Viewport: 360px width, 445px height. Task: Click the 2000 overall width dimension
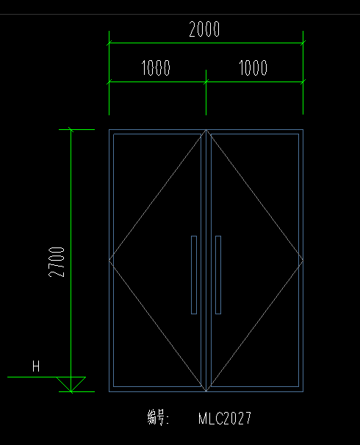pyautogui.click(x=204, y=29)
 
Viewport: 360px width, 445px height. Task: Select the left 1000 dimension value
pyautogui.click(x=156, y=68)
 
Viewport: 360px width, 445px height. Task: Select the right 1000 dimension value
pyautogui.click(x=253, y=68)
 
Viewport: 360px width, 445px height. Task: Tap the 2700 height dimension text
pyautogui.click(x=57, y=262)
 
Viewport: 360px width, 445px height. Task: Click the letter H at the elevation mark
pyautogui.click(x=36, y=366)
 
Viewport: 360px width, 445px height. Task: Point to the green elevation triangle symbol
pyautogui.click(x=71, y=384)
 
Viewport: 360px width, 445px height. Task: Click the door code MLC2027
pyautogui.click(x=225, y=419)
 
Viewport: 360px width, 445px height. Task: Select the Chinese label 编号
pyautogui.click(x=157, y=418)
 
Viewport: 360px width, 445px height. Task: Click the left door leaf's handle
pyautogui.click(x=194, y=275)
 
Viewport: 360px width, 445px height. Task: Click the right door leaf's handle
pyautogui.click(x=218, y=275)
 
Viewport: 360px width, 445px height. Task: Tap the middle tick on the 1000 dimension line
pyautogui.click(x=206, y=82)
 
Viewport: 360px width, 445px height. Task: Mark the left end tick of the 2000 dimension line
pyautogui.click(x=109, y=43)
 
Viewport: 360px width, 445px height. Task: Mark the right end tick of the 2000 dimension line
pyautogui.click(x=303, y=43)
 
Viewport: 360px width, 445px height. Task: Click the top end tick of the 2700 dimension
pyautogui.click(x=71, y=130)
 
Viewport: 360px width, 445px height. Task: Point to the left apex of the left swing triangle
pyautogui.click(x=109, y=260)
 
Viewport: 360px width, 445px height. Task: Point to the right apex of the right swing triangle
pyautogui.click(x=303, y=260)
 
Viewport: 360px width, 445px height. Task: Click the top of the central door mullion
pyautogui.click(x=206, y=130)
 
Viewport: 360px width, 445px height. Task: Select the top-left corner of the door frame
pyautogui.click(x=109, y=130)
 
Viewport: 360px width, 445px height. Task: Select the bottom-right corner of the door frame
pyautogui.click(x=303, y=391)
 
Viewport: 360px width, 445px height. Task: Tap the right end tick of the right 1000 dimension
pyautogui.click(x=303, y=82)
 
